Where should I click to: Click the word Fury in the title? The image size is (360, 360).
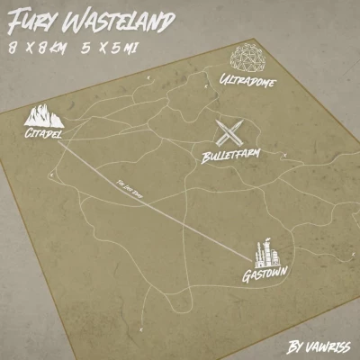[x=31, y=19]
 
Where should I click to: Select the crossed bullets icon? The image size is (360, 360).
[x=229, y=135]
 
